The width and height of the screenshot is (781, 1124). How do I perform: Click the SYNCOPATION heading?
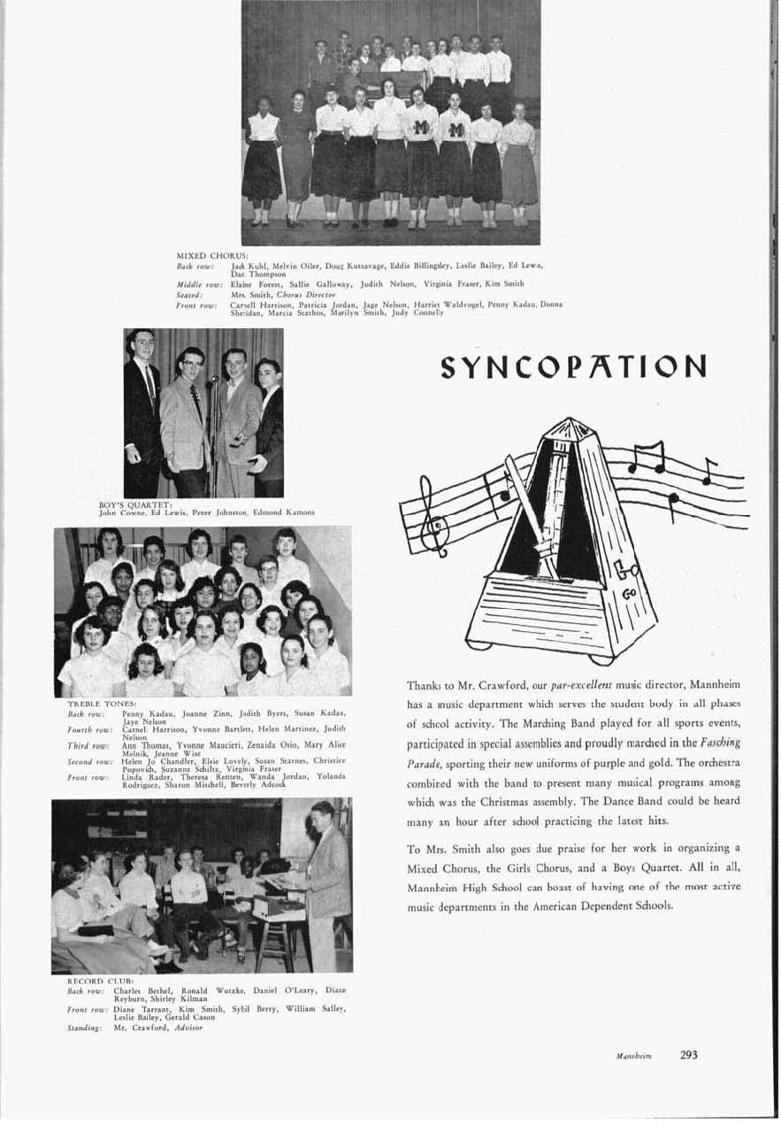574,366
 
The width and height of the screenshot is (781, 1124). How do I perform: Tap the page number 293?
690,1054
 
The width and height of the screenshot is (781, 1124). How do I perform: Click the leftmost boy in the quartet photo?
141,407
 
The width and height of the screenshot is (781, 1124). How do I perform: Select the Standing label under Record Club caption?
85,1028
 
